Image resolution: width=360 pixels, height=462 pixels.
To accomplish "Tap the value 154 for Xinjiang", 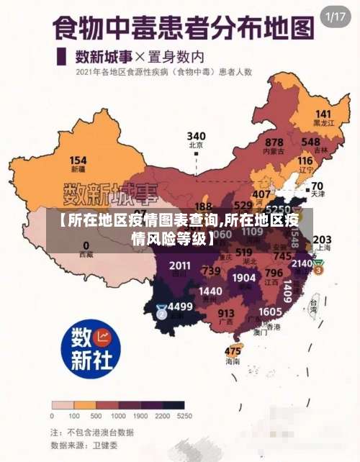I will click(x=78, y=160).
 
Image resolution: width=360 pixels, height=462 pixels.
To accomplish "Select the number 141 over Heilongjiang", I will click(x=323, y=114).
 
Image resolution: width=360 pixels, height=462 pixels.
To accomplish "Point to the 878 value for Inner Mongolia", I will click(x=274, y=142).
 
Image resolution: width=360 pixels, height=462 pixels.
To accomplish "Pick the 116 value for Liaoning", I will click(x=305, y=160).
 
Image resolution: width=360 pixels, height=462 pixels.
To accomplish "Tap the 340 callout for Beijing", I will click(x=196, y=135).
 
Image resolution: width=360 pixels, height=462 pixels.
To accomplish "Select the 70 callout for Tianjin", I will click(x=317, y=185).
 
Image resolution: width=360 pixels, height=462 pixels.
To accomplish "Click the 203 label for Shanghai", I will click(x=322, y=239).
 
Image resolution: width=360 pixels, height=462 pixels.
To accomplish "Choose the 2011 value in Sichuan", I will click(x=180, y=266).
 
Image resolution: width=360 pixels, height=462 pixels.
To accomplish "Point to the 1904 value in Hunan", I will click(x=244, y=277).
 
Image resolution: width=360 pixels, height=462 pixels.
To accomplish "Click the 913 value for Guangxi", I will click(x=226, y=313).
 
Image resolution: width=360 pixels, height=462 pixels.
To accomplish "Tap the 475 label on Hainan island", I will click(x=233, y=351).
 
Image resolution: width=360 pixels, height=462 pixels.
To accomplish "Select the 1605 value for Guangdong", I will click(x=270, y=311).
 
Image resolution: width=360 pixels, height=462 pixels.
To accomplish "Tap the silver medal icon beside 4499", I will click(x=161, y=312).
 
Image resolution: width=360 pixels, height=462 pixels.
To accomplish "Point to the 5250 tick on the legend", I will click(x=184, y=416).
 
